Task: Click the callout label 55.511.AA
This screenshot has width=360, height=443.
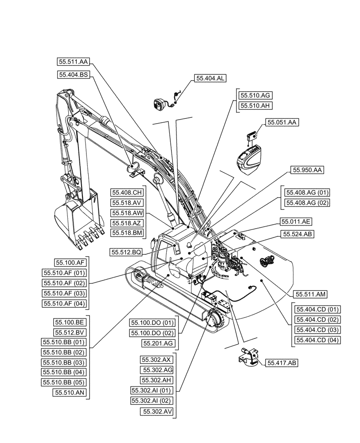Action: coord(74,62)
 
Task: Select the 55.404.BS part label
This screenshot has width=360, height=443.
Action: coord(74,75)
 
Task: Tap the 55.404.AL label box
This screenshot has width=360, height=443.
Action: coord(209,78)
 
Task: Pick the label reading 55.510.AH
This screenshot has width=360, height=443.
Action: coord(255,105)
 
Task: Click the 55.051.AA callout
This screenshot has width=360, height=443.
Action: coord(282,122)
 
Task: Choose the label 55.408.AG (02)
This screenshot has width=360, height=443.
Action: coord(307,203)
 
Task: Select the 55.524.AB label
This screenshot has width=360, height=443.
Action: coord(297,234)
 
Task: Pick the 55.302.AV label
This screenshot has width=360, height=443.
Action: coord(157,412)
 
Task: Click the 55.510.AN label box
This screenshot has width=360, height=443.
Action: coord(70,392)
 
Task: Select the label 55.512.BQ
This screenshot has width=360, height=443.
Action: coord(126,252)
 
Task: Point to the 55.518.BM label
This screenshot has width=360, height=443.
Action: coord(126,233)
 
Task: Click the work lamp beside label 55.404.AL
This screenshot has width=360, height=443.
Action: coord(159,105)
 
